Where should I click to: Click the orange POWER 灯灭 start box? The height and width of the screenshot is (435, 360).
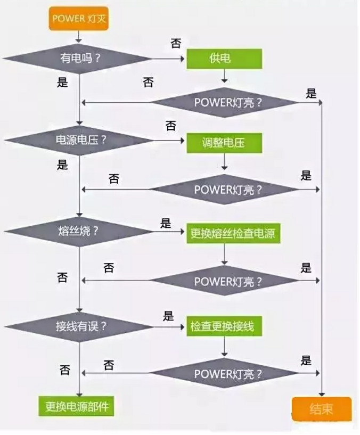pyautogui.click(x=79, y=19)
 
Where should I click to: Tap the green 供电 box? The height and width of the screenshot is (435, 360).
pyautogui.click(x=224, y=59)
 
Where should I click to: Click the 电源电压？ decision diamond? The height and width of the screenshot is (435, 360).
pyautogui.click(x=79, y=141)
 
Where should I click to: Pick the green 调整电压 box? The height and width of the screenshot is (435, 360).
pyautogui.click(x=224, y=143)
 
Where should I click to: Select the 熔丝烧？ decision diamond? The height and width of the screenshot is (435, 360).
pyautogui.click(x=79, y=232)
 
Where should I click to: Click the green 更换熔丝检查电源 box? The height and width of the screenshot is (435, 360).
pyautogui.click(x=233, y=233)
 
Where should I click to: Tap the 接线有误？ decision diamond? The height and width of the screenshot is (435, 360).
pyautogui.click(x=79, y=326)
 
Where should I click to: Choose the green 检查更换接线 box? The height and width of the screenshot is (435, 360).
pyautogui.click(x=224, y=326)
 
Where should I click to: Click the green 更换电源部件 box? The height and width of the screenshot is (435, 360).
pyautogui.click(x=76, y=406)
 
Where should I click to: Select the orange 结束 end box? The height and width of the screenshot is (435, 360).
pyautogui.click(x=322, y=409)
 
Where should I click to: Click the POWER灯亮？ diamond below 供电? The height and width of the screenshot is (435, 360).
pyautogui.click(x=225, y=103)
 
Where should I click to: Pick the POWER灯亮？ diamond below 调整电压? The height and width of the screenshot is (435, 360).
pyautogui.click(x=225, y=190)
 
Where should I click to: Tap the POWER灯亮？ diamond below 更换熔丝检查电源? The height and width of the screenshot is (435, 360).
pyautogui.click(x=225, y=281)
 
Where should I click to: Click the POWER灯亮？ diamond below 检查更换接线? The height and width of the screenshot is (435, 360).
pyautogui.click(x=225, y=373)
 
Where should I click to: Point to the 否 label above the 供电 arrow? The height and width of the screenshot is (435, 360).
pyautogui.click(x=176, y=43)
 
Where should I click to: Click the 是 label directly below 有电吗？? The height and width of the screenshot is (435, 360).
pyautogui.click(x=62, y=82)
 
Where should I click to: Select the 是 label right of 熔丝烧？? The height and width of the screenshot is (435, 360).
pyautogui.click(x=166, y=223)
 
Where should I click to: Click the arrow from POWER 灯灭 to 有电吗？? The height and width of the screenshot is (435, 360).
pyautogui.click(x=79, y=37)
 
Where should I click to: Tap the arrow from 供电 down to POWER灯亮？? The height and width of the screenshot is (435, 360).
pyautogui.click(x=224, y=76)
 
